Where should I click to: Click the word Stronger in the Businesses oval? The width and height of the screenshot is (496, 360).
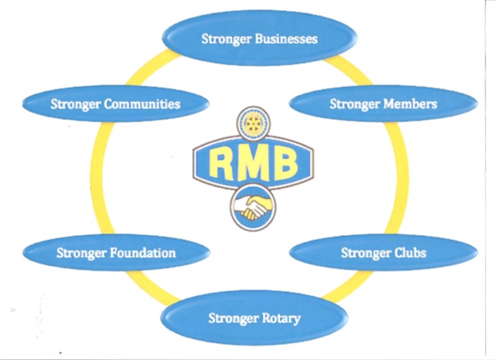227,39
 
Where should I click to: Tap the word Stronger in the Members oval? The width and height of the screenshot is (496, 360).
354,104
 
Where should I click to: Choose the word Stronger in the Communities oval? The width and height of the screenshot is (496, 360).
75,104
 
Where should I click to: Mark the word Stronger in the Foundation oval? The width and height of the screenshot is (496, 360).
81,252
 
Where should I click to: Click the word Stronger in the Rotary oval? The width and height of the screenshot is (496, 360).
230,318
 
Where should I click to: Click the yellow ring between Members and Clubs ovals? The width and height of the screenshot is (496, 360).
400,178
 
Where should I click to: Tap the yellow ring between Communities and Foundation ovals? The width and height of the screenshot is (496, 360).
95,178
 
